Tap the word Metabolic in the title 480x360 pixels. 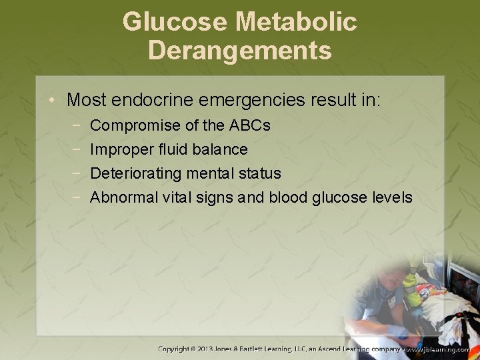pos(296,23)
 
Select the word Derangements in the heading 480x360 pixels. pos(240,51)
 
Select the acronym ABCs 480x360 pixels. pos(250,125)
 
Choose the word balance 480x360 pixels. pos(217,149)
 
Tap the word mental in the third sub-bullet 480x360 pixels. pos(207,173)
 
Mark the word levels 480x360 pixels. pos(394,197)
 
